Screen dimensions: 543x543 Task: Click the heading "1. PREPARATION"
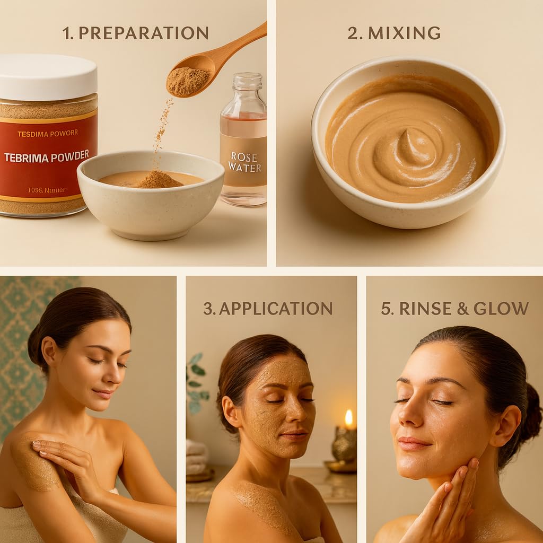[x=135, y=33]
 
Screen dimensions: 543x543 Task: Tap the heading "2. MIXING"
[x=393, y=33]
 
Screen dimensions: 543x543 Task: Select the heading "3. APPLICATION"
[x=268, y=308]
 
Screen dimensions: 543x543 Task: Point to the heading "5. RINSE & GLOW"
[x=454, y=308]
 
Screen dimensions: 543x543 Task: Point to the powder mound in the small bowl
[x=159, y=180]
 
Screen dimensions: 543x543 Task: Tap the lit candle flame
[x=348, y=418]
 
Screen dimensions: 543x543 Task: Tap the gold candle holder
[x=344, y=445]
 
